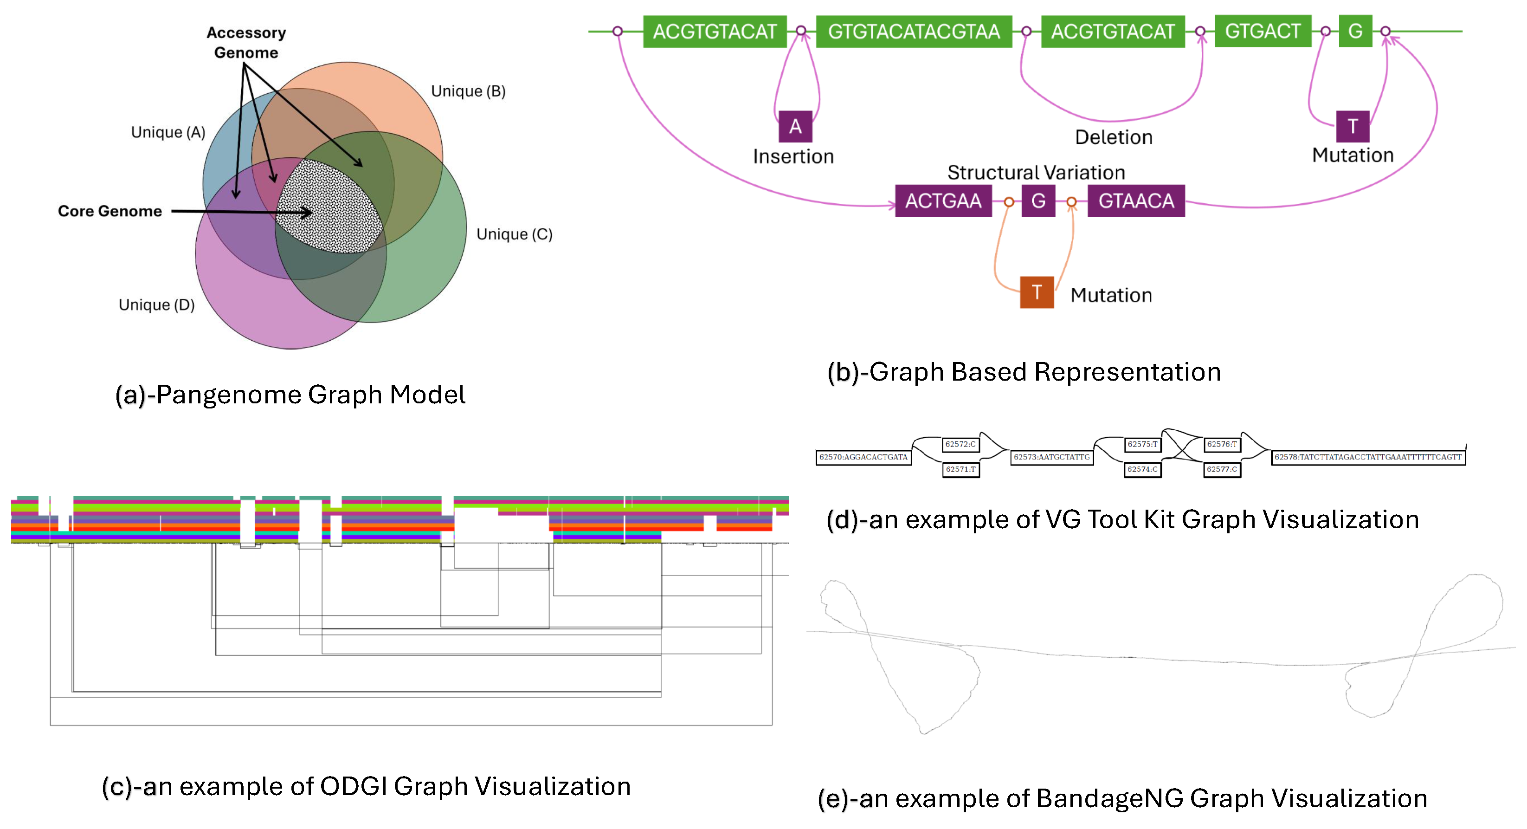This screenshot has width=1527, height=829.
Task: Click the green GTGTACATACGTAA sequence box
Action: tap(914, 32)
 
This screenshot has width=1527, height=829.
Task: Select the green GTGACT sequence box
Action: tap(1263, 32)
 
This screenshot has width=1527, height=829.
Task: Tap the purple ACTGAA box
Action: tap(943, 201)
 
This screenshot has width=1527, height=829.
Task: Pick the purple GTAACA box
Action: tap(1136, 201)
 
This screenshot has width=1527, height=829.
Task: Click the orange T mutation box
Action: tap(1037, 292)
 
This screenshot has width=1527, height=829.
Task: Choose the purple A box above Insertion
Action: tap(795, 126)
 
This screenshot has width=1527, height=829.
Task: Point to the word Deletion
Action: tap(1114, 137)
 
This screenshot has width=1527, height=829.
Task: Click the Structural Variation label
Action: tap(1036, 173)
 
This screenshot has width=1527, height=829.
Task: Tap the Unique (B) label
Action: tap(468, 91)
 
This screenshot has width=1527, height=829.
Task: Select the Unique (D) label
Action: tap(156, 305)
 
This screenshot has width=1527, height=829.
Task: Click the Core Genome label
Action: tap(110, 211)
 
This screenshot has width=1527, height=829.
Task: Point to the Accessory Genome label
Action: tap(246, 43)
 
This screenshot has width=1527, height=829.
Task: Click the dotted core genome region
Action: tap(329, 206)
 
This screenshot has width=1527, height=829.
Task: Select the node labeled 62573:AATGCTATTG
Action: tap(1051, 457)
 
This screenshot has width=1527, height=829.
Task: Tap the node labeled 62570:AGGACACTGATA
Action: tap(863, 457)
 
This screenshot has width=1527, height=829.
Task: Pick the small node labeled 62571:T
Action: tap(960, 470)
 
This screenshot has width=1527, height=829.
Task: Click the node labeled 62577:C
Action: tap(1222, 470)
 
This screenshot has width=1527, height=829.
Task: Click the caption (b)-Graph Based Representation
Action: tap(1024, 372)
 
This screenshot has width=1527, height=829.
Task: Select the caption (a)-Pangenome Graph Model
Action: tap(290, 395)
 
